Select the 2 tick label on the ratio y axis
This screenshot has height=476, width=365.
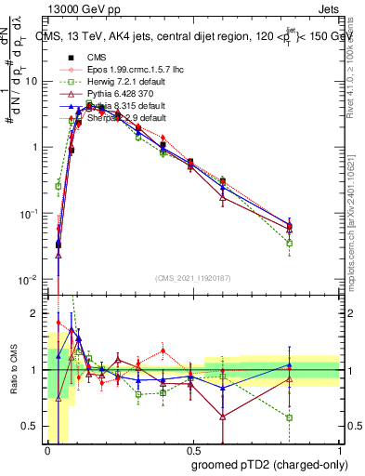[38, 313]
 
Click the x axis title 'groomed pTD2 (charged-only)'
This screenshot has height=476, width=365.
[270, 464]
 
